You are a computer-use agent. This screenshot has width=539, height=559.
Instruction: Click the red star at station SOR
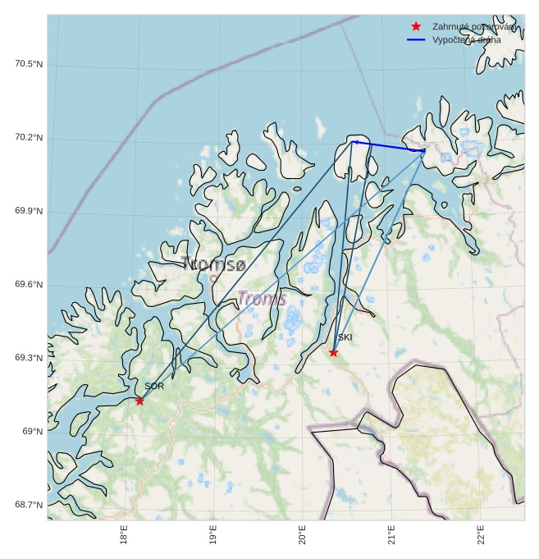click(139, 401)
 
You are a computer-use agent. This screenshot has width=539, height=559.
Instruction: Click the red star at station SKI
click(333, 352)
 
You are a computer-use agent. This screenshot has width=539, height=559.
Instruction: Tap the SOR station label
click(154, 386)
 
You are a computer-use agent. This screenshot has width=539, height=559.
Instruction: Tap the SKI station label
click(345, 337)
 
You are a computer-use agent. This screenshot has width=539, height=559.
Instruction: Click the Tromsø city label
click(213, 264)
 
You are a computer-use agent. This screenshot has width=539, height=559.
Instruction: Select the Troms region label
click(262, 299)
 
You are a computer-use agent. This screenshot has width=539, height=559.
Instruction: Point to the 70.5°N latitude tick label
click(29, 64)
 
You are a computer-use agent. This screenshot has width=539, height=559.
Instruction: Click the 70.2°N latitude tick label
click(29, 138)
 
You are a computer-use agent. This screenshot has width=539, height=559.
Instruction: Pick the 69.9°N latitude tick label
click(29, 212)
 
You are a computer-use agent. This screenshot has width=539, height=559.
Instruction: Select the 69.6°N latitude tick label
click(29, 285)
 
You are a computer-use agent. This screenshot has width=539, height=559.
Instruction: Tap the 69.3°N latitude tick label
click(29, 359)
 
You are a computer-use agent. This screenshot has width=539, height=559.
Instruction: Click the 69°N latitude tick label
click(33, 432)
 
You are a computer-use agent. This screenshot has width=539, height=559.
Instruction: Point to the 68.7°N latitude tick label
click(29, 505)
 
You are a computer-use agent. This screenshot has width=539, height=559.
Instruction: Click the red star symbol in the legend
click(416, 26)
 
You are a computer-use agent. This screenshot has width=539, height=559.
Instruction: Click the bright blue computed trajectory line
click(388, 146)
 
